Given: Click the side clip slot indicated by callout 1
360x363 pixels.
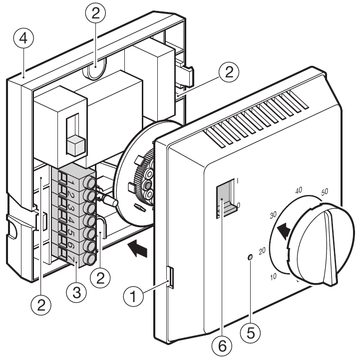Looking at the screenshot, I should tap(170, 277).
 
